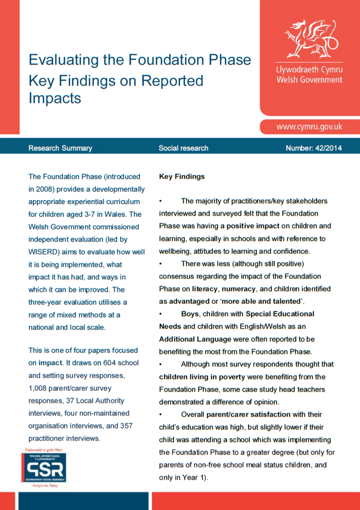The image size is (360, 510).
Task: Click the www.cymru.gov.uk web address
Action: click(x=309, y=127)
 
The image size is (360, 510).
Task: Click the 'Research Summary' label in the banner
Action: click(x=60, y=148)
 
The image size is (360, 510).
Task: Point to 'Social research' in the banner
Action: click(x=183, y=148)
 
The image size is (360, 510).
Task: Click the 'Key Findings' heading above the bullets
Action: click(x=182, y=176)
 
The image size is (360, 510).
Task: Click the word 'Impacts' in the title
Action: click(x=55, y=98)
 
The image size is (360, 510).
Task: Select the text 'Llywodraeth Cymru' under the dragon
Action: click(x=309, y=69)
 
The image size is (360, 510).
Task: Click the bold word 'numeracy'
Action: click(x=239, y=289)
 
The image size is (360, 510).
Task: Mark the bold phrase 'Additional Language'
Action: click(x=195, y=339)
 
